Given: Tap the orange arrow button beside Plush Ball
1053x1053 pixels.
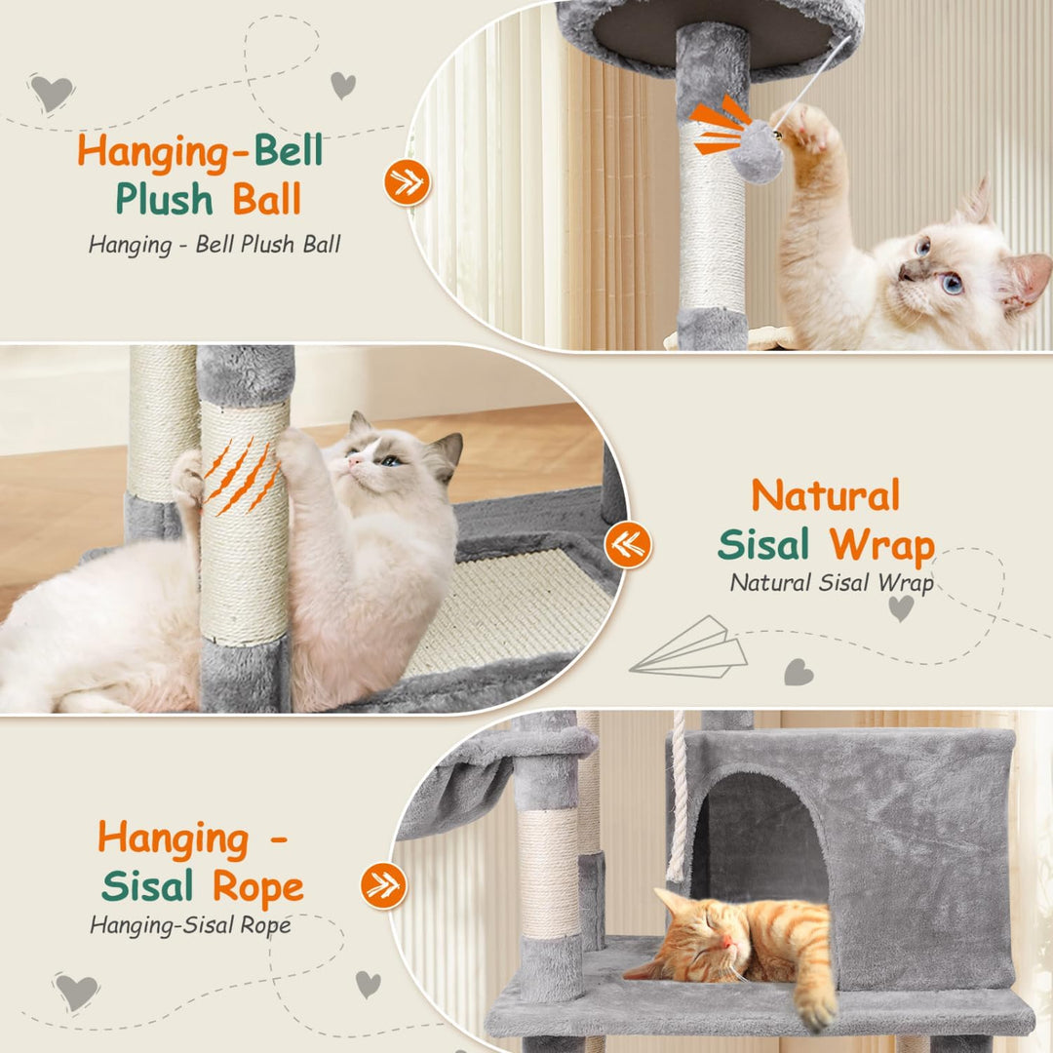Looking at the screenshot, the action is [407, 182].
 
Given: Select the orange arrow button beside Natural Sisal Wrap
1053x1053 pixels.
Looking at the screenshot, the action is [628, 545].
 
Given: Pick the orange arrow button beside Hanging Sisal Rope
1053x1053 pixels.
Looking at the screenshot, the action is [383, 885].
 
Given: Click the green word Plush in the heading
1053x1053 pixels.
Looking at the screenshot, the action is [164, 200].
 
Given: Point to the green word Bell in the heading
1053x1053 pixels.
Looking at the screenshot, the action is [289, 150].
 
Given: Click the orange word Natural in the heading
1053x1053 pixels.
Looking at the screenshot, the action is [826, 495].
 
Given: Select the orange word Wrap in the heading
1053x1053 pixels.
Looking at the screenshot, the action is [881, 546].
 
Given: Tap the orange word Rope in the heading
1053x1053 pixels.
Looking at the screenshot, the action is [258, 887].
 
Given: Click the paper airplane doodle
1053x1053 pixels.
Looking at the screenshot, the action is [689, 649].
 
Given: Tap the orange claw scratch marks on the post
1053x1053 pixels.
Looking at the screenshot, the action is [242, 476].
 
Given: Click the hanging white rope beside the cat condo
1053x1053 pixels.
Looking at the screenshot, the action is [679, 797].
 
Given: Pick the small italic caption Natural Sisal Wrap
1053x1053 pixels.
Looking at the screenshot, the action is [832, 583].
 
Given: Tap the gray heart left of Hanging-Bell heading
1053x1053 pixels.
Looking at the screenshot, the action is [52, 92].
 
